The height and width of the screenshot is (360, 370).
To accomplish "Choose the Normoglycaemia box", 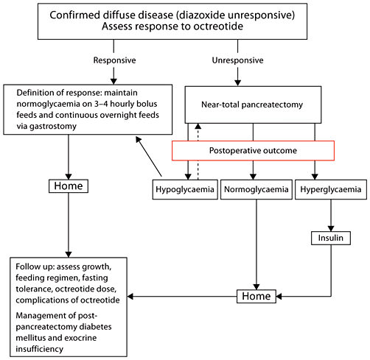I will point(253,189).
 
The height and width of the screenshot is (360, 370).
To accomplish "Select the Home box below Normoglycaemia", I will point(256,297).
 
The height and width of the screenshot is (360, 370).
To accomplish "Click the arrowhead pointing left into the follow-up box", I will point(133,297).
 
